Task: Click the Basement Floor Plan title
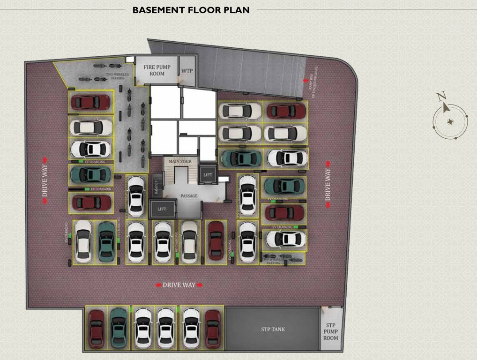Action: (191, 9)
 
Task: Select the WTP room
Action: (187, 71)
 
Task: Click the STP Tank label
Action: (273, 330)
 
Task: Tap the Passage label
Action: (189, 195)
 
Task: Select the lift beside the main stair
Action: (208, 174)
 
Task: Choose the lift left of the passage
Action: (162, 209)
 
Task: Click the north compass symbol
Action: (450, 121)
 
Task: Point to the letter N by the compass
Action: (441, 97)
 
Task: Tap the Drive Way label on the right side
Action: (328, 181)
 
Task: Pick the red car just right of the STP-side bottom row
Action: (213, 328)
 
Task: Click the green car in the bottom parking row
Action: (119, 328)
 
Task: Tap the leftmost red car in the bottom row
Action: (97, 328)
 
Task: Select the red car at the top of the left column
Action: (90, 102)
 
